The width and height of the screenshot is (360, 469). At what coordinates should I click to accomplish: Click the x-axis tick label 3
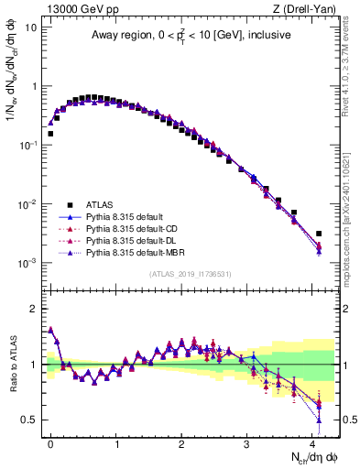tap(247, 442)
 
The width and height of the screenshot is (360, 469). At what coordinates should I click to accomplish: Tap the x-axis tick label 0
tap(51, 442)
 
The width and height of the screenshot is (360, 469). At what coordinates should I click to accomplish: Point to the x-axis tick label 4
tap(312, 442)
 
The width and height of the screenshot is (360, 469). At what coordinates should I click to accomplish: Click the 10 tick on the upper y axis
tap(31, 27)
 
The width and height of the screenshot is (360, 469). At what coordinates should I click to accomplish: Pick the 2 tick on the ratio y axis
tap(34, 308)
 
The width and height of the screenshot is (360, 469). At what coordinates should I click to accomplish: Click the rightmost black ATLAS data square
tap(319, 234)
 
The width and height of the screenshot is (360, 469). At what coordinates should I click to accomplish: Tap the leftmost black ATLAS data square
tap(50, 134)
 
